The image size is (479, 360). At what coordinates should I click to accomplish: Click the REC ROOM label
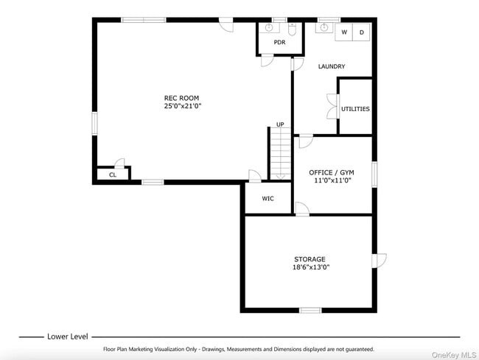point(181,98)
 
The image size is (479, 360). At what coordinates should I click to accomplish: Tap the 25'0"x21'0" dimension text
point(181,106)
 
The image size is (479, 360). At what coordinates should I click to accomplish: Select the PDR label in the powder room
point(279,42)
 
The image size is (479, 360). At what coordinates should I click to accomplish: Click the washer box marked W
point(344,32)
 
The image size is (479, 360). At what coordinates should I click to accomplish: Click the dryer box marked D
point(362,32)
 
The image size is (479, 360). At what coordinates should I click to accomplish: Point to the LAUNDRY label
point(332,67)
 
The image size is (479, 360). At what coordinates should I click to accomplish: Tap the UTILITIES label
point(355,109)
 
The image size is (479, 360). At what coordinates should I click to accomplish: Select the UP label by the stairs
point(280,124)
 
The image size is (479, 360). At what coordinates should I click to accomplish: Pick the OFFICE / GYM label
point(332,172)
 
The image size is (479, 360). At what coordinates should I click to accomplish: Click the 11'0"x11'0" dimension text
point(332,180)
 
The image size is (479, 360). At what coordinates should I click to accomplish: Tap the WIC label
point(268,198)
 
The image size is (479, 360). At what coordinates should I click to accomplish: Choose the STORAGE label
point(310,259)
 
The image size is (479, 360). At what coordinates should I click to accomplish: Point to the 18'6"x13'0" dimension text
point(310,267)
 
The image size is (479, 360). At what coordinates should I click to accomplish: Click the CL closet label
point(113,175)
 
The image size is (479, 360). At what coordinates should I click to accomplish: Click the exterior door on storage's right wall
point(379,261)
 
